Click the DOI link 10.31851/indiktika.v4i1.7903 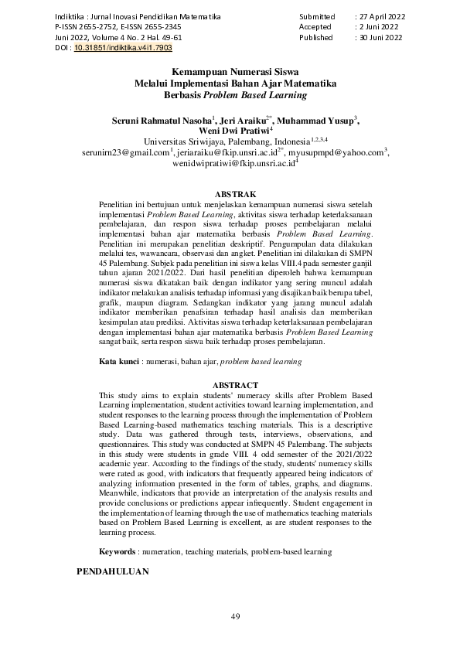pyautogui.click(x=123, y=48)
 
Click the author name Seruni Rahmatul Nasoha pyautogui.click(x=162, y=121)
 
